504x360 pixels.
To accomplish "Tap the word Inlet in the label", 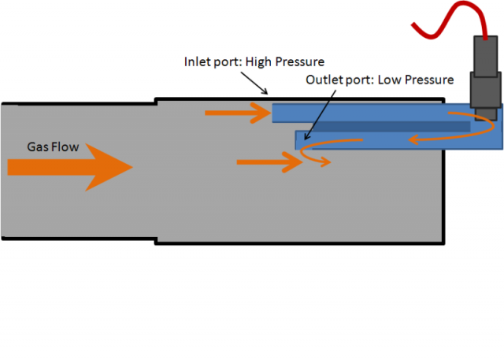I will tap(197, 61).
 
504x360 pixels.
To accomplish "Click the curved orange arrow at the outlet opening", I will tap(315, 160).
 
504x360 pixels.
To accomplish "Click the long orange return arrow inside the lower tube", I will tap(409, 139).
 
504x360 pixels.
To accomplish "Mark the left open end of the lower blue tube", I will tap(300, 140).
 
